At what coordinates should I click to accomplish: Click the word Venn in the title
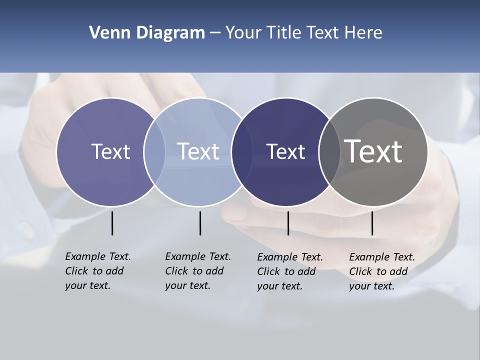click(108, 33)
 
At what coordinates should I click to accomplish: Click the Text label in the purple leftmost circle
click(110, 151)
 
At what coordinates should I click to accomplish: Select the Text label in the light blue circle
click(198, 151)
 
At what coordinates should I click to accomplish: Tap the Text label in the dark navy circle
click(285, 152)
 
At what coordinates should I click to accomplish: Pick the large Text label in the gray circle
click(373, 151)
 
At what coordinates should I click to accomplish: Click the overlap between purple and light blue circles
click(154, 152)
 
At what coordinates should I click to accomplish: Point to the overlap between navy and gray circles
click(329, 152)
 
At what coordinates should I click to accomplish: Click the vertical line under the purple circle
click(112, 223)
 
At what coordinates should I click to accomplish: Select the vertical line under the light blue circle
click(200, 223)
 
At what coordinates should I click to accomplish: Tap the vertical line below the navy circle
click(288, 223)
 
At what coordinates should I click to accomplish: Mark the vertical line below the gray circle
click(372, 223)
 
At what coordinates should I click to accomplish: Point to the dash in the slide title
click(215, 33)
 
